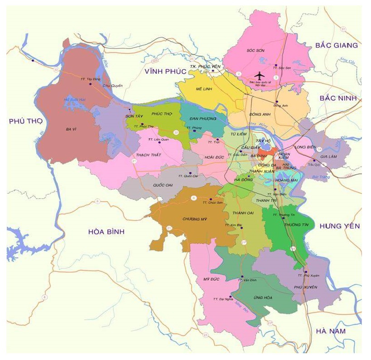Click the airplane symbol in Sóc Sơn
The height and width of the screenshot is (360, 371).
[x=259, y=75]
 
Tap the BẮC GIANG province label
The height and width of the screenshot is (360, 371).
[x=336, y=45]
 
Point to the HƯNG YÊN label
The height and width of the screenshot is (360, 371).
[x=339, y=226]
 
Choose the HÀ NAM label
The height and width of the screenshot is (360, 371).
[x=331, y=331]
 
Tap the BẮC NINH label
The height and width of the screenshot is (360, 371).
[x=337, y=98]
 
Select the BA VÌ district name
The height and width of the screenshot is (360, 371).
[x=71, y=130]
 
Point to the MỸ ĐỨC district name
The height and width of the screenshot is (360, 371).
[x=211, y=279]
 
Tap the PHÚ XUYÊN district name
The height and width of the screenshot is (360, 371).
[x=305, y=287]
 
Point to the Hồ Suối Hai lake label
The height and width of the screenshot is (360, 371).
[x=75, y=100]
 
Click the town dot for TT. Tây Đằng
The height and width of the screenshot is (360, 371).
[x=90, y=84]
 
